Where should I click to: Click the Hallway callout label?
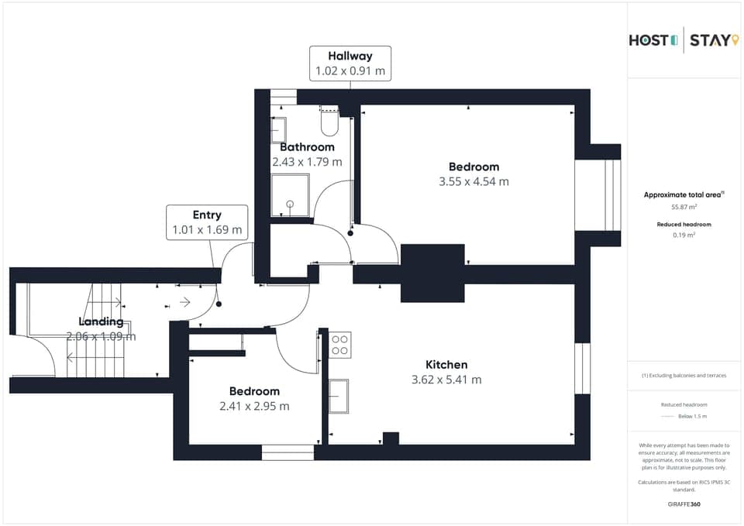[350, 56]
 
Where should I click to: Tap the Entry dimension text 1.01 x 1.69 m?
[207, 230]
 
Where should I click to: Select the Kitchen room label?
[446, 364]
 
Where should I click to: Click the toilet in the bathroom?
[329, 122]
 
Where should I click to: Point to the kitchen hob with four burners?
[339, 345]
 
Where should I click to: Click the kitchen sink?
[339, 396]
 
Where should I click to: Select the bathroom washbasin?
[278, 129]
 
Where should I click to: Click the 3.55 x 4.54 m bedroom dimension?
[474, 182]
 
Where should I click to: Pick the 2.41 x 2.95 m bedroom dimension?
[254, 406]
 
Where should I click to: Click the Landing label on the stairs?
[101, 321]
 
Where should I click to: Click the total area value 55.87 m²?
[684, 207]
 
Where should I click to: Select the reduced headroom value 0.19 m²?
[684, 234]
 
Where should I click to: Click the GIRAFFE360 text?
[684, 504]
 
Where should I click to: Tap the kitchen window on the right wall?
[582, 368]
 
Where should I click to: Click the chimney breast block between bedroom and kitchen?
[432, 273]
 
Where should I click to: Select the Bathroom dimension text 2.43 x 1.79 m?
[307, 162]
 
